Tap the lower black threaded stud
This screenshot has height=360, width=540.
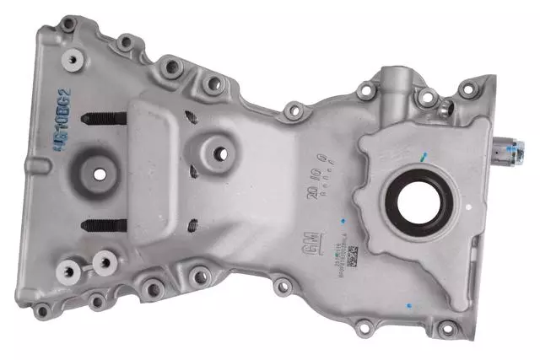[x=105, y=224]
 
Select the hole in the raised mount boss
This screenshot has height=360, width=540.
[x=220, y=153]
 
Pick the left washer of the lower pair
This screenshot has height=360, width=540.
[x=68, y=270]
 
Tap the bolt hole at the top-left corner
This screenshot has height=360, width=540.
[x=67, y=26]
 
